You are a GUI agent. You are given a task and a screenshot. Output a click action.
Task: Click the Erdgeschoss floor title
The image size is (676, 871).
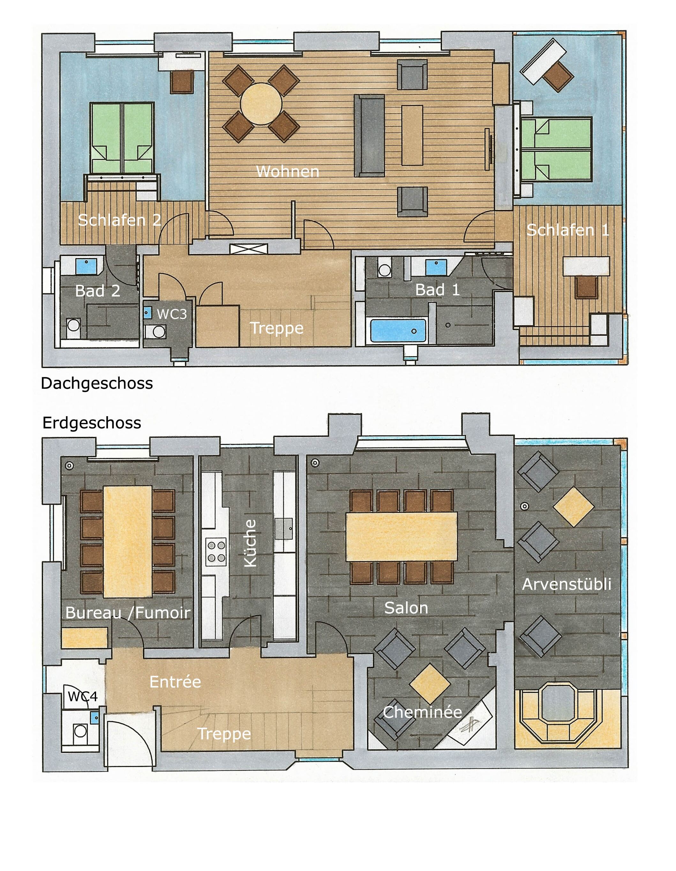[92, 423]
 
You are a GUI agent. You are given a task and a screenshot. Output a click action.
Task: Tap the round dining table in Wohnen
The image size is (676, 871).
[261, 104]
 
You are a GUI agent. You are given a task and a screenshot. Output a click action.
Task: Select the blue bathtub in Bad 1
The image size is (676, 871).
[398, 330]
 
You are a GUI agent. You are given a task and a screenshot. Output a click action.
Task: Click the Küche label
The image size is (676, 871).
[250, 543]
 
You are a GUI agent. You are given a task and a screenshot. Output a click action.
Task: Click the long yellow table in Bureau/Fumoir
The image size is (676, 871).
[127, 541]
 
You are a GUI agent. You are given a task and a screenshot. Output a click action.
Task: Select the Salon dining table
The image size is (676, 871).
[401, 537]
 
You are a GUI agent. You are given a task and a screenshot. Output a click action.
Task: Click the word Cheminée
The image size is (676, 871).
[422, 712]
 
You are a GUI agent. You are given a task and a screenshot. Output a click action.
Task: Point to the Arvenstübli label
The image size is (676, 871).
[566, 584]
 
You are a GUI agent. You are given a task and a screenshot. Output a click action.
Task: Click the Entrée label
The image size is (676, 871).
[175, 682]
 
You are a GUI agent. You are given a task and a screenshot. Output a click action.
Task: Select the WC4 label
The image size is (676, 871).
[83, 696]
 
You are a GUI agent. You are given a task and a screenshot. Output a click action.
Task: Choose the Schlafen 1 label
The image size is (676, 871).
[567, 230]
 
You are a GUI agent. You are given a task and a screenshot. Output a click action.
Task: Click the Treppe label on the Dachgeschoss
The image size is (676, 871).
[276, 328]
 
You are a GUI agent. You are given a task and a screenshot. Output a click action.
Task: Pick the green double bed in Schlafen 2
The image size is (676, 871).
[122, 138]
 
